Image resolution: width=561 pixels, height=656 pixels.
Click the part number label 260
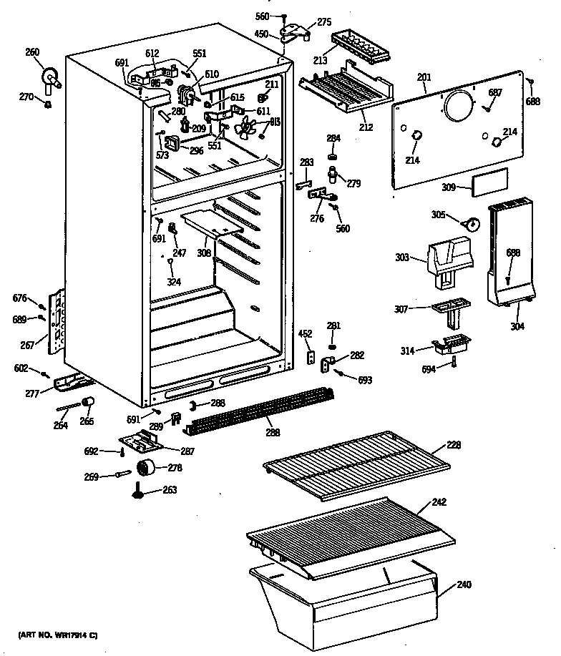(33, 52)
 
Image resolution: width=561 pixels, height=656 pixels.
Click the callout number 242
(439, 501)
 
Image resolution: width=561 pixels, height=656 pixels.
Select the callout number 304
(517, 327)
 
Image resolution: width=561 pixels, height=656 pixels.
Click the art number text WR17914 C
(59, 635)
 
